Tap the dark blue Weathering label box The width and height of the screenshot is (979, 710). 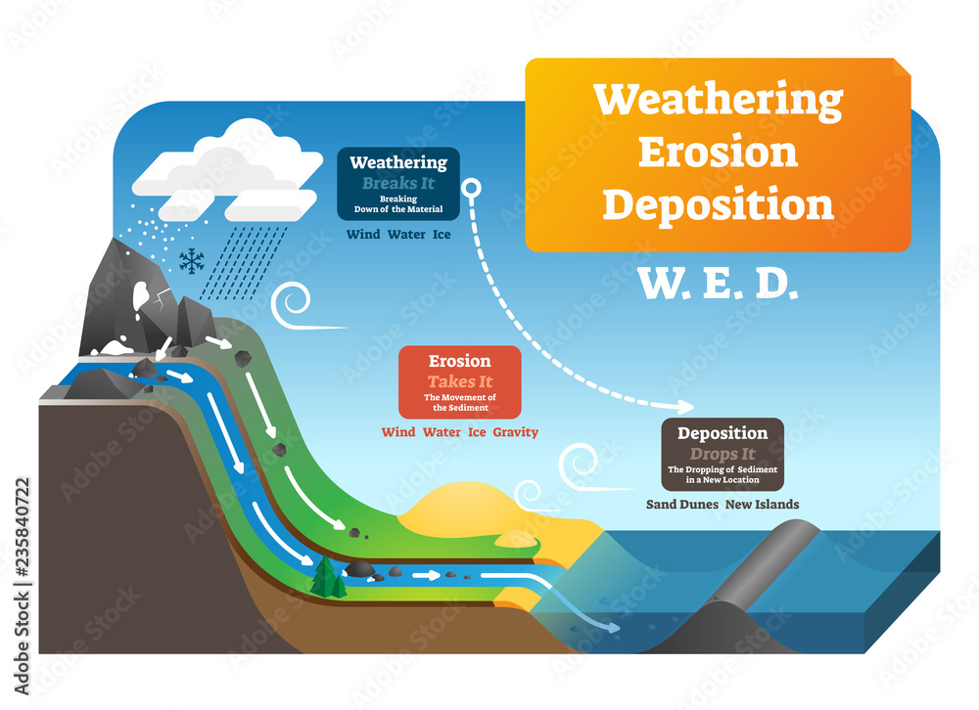[x=398, y=184]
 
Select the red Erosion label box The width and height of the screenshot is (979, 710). [x=459, y=381]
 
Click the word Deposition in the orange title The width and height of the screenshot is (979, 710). [x=718, y=204]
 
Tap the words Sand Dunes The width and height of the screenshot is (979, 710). [x=681, y=505]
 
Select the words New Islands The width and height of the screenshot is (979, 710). [x=763, y=505]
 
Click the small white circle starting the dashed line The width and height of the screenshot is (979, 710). [x=470, y=188]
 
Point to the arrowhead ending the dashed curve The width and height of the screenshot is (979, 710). [x=686, y=404]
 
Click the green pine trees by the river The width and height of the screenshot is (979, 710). [x=326, y=579]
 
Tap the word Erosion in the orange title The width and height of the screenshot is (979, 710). [x=718, y=152]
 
